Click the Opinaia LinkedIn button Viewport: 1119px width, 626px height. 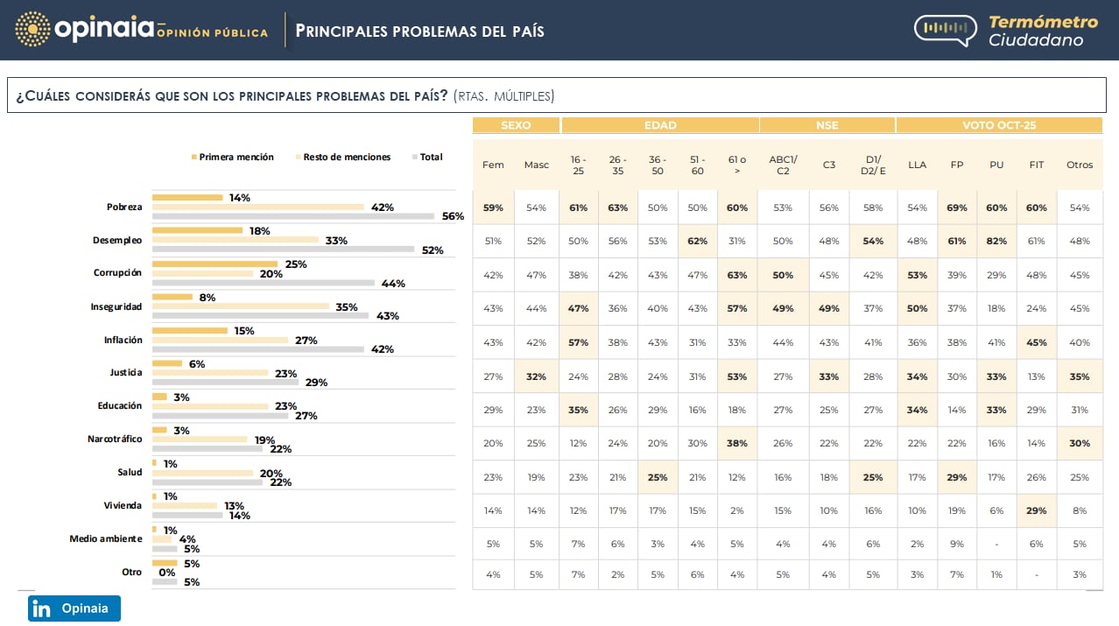74,608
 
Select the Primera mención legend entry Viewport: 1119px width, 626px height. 232,158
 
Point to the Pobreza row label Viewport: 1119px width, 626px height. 124,207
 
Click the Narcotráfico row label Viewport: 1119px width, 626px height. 115,439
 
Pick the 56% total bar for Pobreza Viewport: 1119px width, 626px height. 293,216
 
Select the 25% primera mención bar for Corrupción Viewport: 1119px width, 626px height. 215,264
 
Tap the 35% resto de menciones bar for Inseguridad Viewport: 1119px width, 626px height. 240,306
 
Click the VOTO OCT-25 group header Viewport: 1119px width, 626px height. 999,125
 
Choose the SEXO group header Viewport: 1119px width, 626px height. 516,125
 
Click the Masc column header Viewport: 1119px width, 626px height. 536,165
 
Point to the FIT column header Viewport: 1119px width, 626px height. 1037,165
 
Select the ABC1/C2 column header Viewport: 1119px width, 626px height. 783,165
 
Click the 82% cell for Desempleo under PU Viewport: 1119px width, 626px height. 996,241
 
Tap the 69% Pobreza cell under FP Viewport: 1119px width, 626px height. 957,207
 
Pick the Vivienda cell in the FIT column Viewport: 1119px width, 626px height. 1037,510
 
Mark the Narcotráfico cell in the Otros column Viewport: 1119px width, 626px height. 1080,443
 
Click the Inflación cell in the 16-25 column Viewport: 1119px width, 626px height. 578,342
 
